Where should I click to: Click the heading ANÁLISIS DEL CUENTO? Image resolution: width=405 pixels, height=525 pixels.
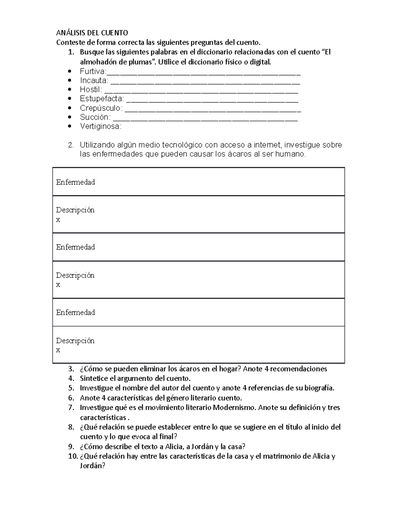(x=92, y=33)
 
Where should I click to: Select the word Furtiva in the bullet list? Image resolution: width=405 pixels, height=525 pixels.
(x=92, y=71)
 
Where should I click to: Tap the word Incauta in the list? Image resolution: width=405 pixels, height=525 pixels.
(x=93, y=80)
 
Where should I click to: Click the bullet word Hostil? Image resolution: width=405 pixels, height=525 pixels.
(x=90, y=90)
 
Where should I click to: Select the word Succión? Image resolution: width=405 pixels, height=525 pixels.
(x=94, y=117)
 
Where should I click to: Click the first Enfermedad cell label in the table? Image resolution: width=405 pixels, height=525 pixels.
(x=75, y=182)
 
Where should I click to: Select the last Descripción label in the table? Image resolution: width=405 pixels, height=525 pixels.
(x=75, y=340)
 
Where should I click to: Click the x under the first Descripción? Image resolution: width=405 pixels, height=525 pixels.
(x=58, y=220)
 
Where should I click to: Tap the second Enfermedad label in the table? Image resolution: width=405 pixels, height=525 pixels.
(x=75, y=247)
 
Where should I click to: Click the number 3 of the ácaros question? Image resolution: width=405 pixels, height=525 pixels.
(x=70, y=369)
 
